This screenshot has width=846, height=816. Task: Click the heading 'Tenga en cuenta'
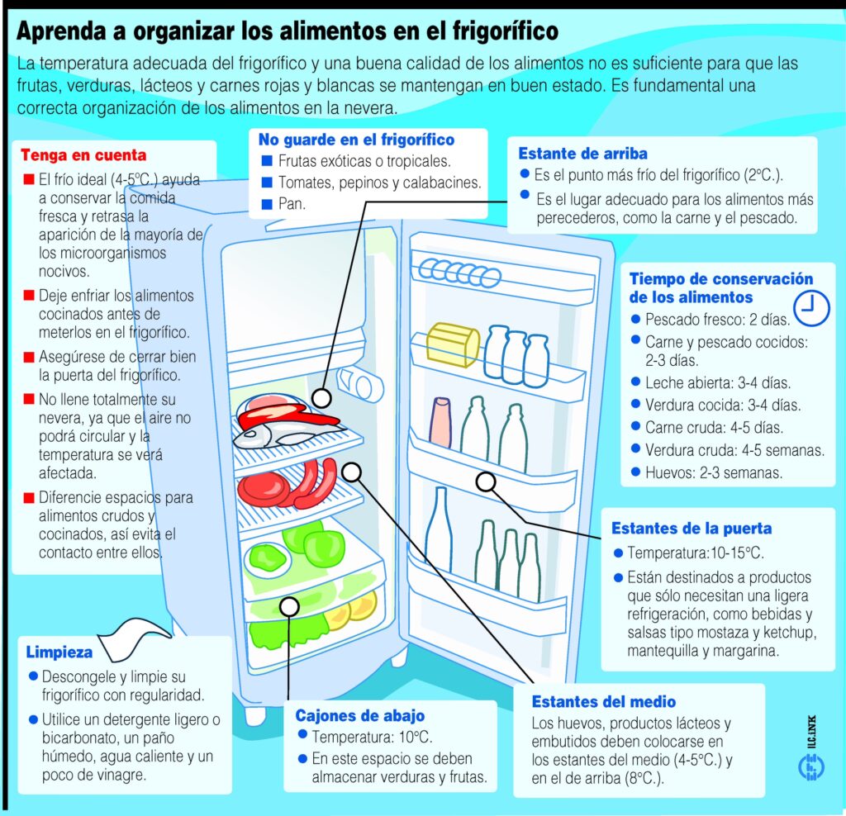click(x=83, y=155)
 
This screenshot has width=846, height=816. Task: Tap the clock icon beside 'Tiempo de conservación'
click(x=811, y=308)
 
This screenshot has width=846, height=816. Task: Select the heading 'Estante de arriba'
click(x=582, y=154)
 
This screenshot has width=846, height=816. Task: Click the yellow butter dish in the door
click(x=453, y=344)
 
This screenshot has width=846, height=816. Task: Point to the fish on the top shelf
click(x=286, y=434)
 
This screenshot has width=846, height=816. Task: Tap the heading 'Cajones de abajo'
click(x=360, y=716)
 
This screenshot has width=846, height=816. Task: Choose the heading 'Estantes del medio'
click(x=604, y=702)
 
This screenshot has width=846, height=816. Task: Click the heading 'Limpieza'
click(x=59, y=652)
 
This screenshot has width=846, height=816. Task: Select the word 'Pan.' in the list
click(x=292, y=204)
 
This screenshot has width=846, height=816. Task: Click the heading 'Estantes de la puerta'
click(x=692, y=529)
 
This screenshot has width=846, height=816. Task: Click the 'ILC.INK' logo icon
click(x=811, y=766)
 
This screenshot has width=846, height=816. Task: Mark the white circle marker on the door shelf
click(x=486, y=482)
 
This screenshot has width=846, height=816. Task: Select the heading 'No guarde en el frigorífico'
click(x=356, y=140)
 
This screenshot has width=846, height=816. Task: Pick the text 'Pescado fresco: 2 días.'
click(x=718, y=320)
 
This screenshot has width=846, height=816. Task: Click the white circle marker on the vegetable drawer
click(x=290, y=606)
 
